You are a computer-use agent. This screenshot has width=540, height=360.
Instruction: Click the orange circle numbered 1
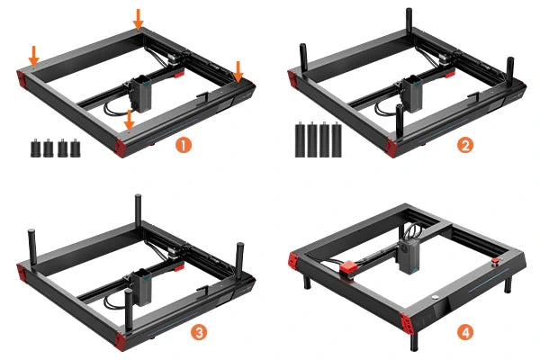coord(184,145)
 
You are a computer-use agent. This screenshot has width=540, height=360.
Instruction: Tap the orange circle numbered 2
coord(465,145)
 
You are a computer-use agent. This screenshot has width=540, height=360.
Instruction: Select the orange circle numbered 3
coord(199,332)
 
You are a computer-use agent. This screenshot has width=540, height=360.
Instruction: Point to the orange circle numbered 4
coord(465,332)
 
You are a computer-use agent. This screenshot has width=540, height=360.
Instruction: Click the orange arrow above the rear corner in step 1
coord(138,19)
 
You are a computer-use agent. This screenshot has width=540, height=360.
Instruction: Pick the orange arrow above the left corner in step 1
coord(34,55)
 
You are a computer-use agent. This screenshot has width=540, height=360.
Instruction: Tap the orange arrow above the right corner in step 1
coord(238,72)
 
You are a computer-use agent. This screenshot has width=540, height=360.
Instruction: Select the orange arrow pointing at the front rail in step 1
coord(129,121)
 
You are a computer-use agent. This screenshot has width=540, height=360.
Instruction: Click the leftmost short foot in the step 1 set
coord(35,148)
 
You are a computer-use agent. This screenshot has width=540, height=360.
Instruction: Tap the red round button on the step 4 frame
coord(495,261)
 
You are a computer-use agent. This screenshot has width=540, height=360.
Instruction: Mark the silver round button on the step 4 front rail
coord(435,297)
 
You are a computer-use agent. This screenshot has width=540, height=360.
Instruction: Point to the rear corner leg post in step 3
coord(138,210)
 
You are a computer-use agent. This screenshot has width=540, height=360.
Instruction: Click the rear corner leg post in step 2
coord(409,22)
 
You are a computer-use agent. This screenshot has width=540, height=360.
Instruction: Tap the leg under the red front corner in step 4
coord(414,339)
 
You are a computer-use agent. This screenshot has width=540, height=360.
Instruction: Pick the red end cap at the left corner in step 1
coord(22,79)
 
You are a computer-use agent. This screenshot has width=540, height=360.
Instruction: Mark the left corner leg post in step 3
coord(31,247)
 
